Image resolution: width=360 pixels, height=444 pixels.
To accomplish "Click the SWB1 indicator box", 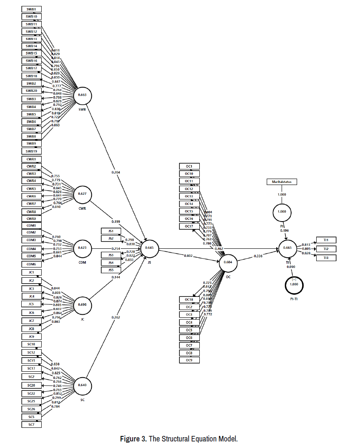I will click(x=31, y=9).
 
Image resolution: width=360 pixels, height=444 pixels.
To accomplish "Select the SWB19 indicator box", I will click(x=31, y=151).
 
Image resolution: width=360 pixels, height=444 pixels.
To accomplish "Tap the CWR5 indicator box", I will click(x=31, y=188).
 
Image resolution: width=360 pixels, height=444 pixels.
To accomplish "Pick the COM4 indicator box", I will click(x=31, y=249).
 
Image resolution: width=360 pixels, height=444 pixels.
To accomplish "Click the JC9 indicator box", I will click(x=31, y=336).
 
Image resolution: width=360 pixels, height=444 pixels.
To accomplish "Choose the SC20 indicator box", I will click(x=31, y=385).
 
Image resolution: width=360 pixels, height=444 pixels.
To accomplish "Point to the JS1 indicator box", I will click(x=111, y=231).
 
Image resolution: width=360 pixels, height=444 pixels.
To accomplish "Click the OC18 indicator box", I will click(x=189, y=299).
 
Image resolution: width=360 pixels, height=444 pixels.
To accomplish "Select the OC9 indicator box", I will click(x=189, y=360).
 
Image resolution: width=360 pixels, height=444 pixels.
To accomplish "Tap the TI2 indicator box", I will click(x=326, y=249).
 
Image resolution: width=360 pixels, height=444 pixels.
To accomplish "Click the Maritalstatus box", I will click(x=282, y=182).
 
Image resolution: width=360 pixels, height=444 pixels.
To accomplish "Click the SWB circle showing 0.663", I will click(x=82, y=95).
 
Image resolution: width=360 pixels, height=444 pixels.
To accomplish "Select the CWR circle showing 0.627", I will click(x=82, y=194).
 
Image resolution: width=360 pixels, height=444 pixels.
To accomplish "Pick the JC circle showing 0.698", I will click(x=82, y=305).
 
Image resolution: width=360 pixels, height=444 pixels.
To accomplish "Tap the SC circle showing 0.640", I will click(x=82, y=385).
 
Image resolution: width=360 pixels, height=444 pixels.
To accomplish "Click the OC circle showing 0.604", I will click(x=228, y=263).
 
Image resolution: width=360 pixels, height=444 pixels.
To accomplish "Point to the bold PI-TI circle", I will click(x=294, y=285).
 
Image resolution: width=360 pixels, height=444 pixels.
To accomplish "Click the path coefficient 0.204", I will click(x=116, y=173).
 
